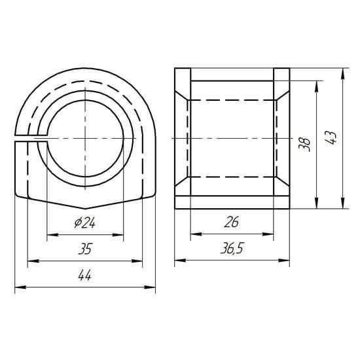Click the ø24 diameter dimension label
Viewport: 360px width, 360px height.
coord(84,223)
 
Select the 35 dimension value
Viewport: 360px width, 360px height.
coord(85,249)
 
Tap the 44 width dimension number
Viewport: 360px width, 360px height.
coord(84,275)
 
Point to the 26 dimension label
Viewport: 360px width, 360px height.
coord(232,222)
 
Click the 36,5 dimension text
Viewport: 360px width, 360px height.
coord(232,249)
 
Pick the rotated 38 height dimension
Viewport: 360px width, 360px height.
coord(304,145)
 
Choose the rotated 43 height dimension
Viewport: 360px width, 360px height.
coord(331,138)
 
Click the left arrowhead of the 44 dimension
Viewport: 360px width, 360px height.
coord(20,287)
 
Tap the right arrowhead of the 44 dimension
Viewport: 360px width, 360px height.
coord(150,287)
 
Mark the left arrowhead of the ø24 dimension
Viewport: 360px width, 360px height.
coord(52,234)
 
